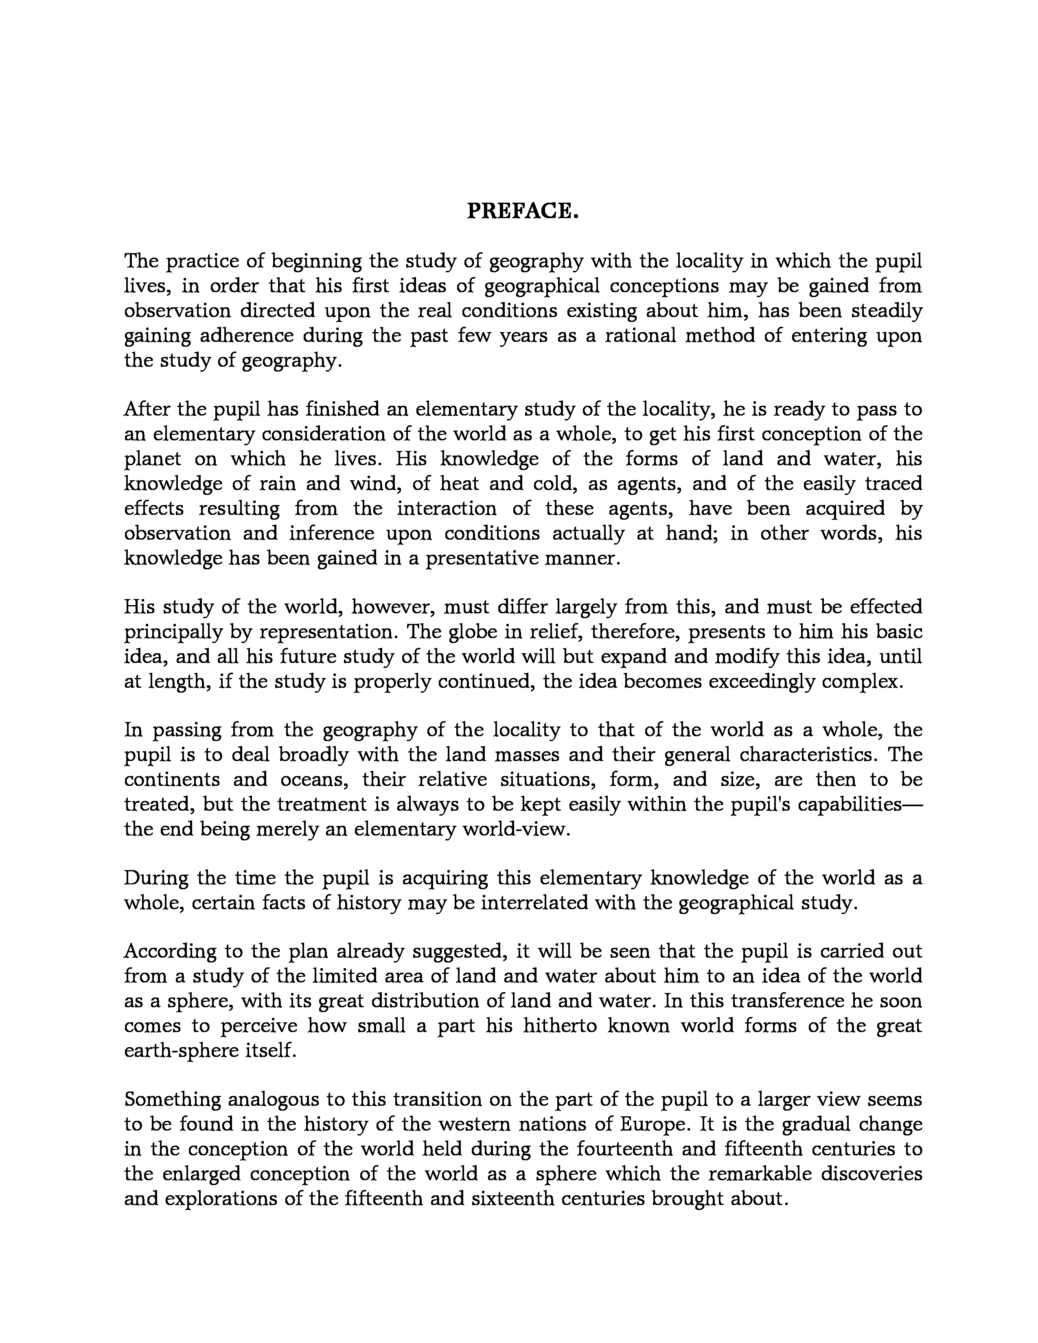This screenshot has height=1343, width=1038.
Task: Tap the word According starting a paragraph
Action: point(170,951)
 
